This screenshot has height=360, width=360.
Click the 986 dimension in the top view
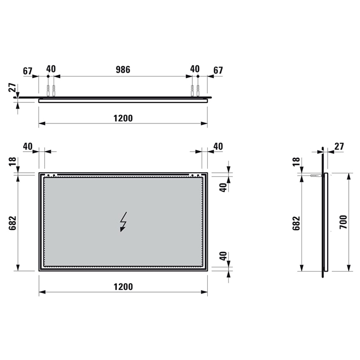pos(122,69)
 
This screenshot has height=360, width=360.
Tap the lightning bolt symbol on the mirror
pos(123,222)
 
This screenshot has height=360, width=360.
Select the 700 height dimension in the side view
pos(344,222)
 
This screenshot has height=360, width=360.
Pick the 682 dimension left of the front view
pos(13,222)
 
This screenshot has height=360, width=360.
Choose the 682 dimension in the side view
pos(296,222)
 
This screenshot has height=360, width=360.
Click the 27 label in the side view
pos(339,147)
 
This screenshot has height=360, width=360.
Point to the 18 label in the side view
pos(296,161)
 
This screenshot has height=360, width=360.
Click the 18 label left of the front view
pos(13,161)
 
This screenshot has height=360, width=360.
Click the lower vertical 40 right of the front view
pos(223,257)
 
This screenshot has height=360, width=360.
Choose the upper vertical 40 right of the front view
pos(223,187)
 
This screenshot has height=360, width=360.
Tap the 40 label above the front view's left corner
pos(28,147)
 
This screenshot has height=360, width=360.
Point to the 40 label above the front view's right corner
pos(218,147)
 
